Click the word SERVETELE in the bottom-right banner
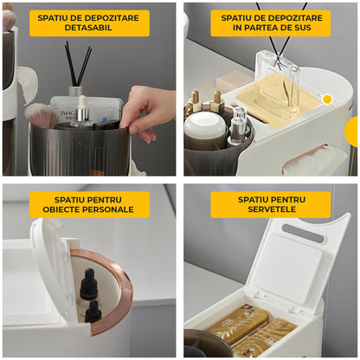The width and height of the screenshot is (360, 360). point(270,210)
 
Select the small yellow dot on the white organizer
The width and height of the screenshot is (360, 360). point(327,100)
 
